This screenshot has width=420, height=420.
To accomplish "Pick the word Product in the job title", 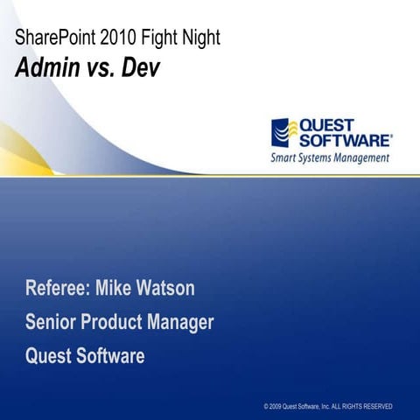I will [x=114, y=322].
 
